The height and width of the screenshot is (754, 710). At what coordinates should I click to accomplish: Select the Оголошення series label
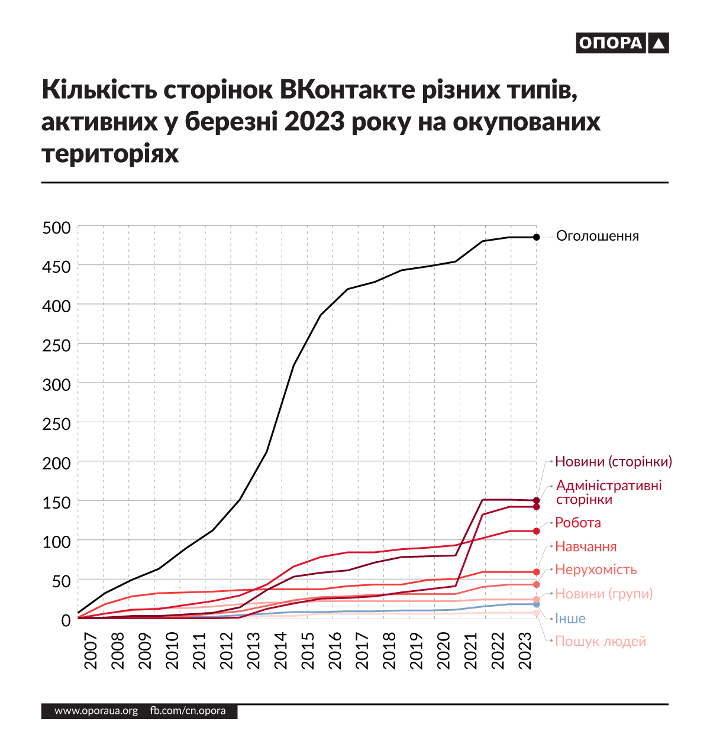pos(598,237)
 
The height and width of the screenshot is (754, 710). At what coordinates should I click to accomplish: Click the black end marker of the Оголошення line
pos(536,237)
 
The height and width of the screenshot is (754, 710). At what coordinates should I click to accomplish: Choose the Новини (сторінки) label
pos(614,461)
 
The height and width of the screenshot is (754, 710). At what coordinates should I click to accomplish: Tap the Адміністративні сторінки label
pos(609,493)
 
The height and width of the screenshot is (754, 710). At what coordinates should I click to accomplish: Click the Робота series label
pos(577,523)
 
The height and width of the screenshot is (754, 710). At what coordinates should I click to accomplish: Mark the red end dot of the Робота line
pos(536,531)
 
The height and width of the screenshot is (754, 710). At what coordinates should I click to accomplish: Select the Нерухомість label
pos(596,569)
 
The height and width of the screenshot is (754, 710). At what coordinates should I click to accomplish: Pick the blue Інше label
pos(570,619)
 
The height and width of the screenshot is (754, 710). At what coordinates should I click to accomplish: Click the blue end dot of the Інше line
pos(536,604)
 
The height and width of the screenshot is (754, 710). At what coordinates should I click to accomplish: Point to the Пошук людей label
pos(600,641)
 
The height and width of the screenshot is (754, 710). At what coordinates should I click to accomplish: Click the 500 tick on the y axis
pos(57,228)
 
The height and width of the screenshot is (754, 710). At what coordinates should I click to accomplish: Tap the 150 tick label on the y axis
pos(57,502)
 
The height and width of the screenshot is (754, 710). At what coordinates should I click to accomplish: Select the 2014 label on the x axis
pos(280,651)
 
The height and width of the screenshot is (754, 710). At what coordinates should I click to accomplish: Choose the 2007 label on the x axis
pos(91,651)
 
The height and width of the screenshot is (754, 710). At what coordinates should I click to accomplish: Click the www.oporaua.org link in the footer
pos(96,711)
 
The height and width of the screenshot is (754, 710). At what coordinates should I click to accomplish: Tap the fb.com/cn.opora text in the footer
pos(188,711)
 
